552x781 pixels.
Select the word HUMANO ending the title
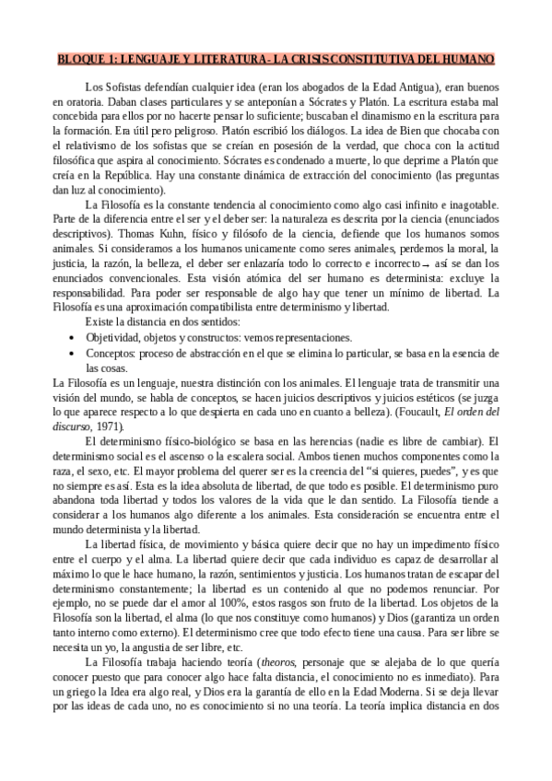(467, 59)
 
